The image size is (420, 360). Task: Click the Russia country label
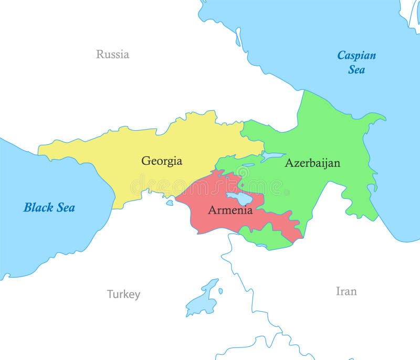pos(112,54)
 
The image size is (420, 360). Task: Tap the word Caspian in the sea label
pos(356,55)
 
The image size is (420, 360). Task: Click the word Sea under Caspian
pos(356,69)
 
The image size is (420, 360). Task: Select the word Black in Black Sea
pos(38,207)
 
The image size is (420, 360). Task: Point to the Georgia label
pos(162,161)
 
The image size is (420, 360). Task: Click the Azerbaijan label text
pos(312,163)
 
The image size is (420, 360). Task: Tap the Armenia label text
pos(230,210)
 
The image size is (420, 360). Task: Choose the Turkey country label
pos(123,294)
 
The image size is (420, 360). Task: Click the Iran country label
pos(346,291)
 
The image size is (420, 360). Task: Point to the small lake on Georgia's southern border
pos(170,203)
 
